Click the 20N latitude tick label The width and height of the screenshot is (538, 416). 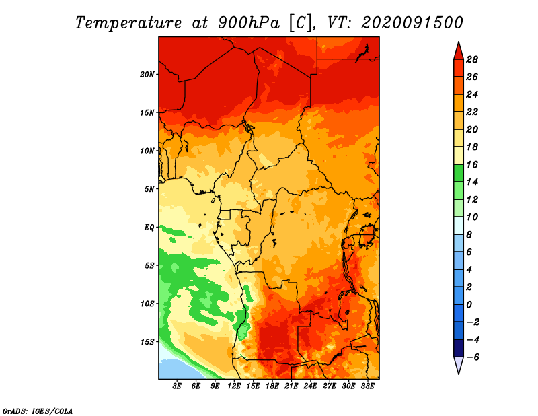[x=147, y=75]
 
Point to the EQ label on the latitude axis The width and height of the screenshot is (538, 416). [x=149, y=228]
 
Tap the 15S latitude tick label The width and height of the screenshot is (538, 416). [x=147, y=342]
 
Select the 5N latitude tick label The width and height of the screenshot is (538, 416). [x=149, y=189]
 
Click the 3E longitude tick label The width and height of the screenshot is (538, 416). [x=177, y=386]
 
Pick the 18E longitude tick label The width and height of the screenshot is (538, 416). [x=272, y=386]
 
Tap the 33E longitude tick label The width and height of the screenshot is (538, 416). [x=367, y=386]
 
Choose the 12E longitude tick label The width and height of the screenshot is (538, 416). [x=234, y=386]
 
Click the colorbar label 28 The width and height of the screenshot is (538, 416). [x=472, y=59]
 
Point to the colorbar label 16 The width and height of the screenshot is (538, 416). [x=472, y=164]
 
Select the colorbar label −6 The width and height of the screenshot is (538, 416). [x=473, y=357]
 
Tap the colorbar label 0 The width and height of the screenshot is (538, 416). [x=469, y=305]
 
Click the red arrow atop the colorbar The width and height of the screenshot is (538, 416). [x=459, y=51]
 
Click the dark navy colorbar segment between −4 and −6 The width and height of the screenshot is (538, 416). [x=459, y=348]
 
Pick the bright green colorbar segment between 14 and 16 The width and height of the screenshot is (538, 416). [x=459, y=173]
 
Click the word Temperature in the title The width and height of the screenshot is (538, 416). [x=128, y=23]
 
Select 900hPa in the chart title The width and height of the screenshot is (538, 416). [x=249, y=23]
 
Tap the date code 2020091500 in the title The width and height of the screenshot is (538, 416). [x=412, y=23]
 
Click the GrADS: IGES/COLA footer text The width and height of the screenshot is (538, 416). [x=38, y=411]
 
